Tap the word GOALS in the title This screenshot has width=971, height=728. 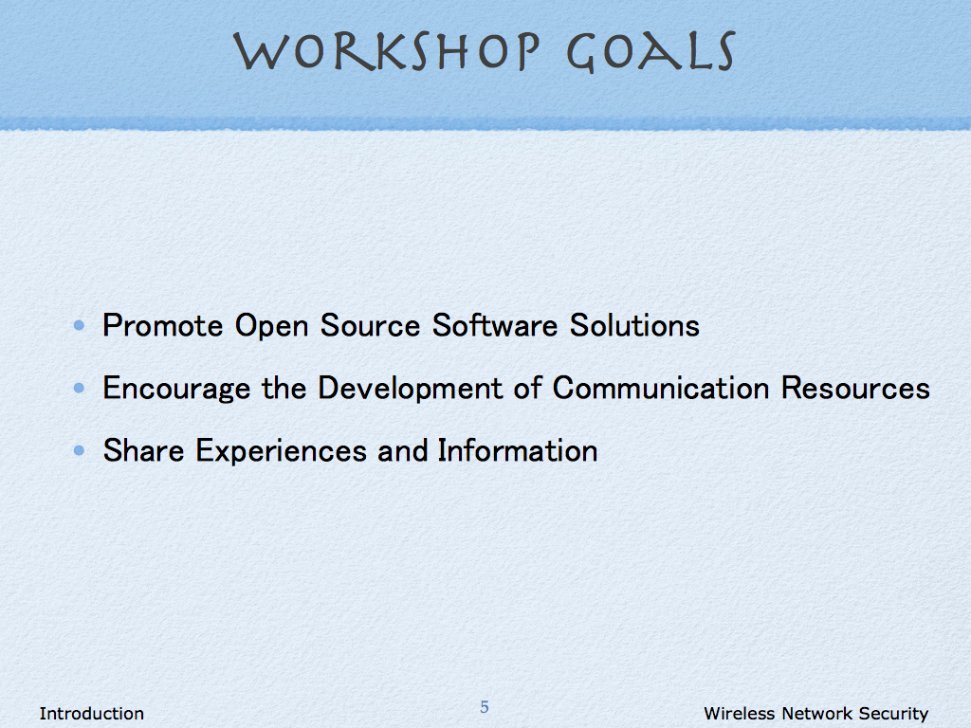[x=650, y=51]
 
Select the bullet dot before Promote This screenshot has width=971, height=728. [x=79, y=325]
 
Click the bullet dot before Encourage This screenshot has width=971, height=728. [x=79, y=388]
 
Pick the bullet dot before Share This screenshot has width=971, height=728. [x=79, y=450]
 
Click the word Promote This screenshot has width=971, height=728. [x=163, y=326]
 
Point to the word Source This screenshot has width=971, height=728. [x=371, y=326]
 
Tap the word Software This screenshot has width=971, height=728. [x=495, y=326]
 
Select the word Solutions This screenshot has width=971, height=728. [x=634, y=326]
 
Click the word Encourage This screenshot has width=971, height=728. [x=176, y=389]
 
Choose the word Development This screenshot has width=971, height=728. [x=410, y=389]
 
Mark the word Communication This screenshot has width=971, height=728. [x=661, y=388]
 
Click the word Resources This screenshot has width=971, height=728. [x=856, y=388]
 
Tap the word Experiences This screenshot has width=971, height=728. [x=281, y=451]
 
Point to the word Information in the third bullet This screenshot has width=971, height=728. [x=518, y=450]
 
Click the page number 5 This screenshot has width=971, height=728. [x=485, y=706]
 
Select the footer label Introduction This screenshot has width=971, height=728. [x=92, y=714]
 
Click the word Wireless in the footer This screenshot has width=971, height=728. [x=740, y=714]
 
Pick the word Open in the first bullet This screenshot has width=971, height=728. [x=272, y=327]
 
